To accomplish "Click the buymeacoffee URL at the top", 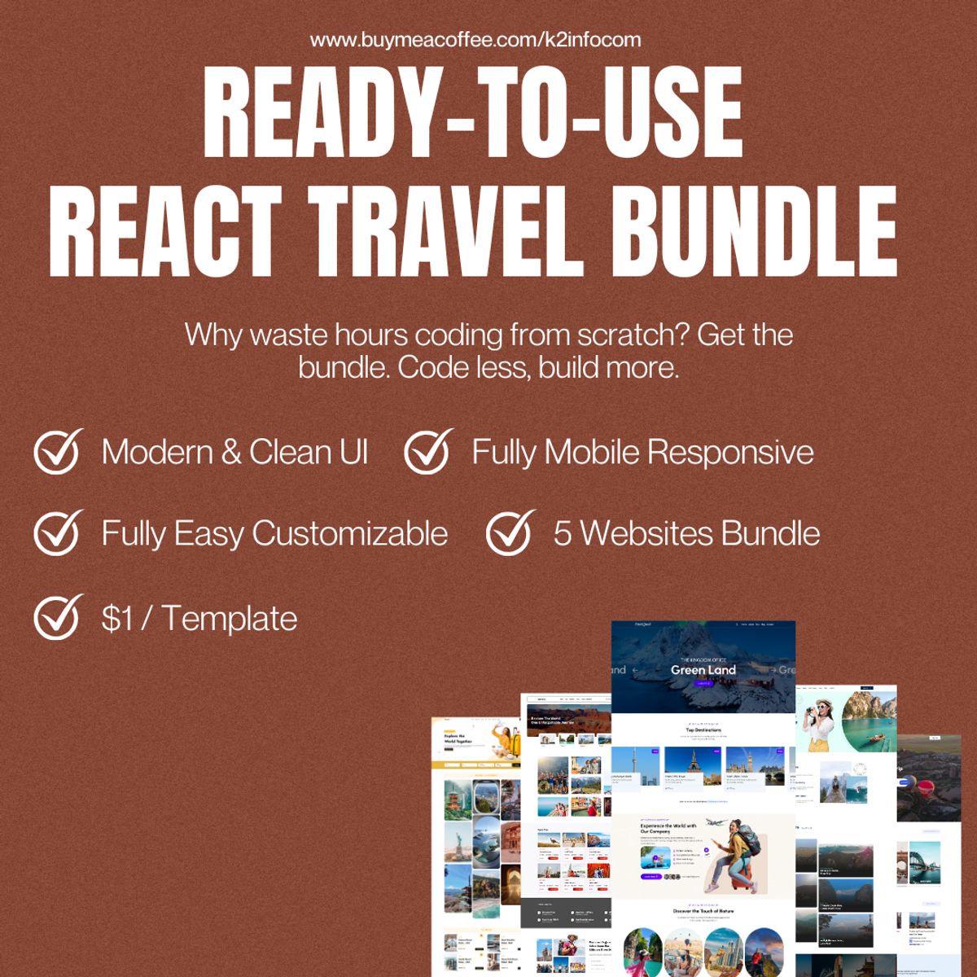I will click(x=475, y=39).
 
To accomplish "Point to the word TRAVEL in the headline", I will click(x=451, y=232).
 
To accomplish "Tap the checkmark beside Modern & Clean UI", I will click(x=57, y=452).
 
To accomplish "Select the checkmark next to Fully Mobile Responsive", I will click(x=427, y=452).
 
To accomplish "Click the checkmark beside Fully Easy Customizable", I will click(x=57, y=533).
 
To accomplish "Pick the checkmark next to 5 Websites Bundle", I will click(x=509, y=533).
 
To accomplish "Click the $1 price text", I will click(x=117, y=619).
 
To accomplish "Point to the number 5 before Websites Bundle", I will click(x=563, y=534).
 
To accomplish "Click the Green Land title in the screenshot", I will click(x=703, y=670).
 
